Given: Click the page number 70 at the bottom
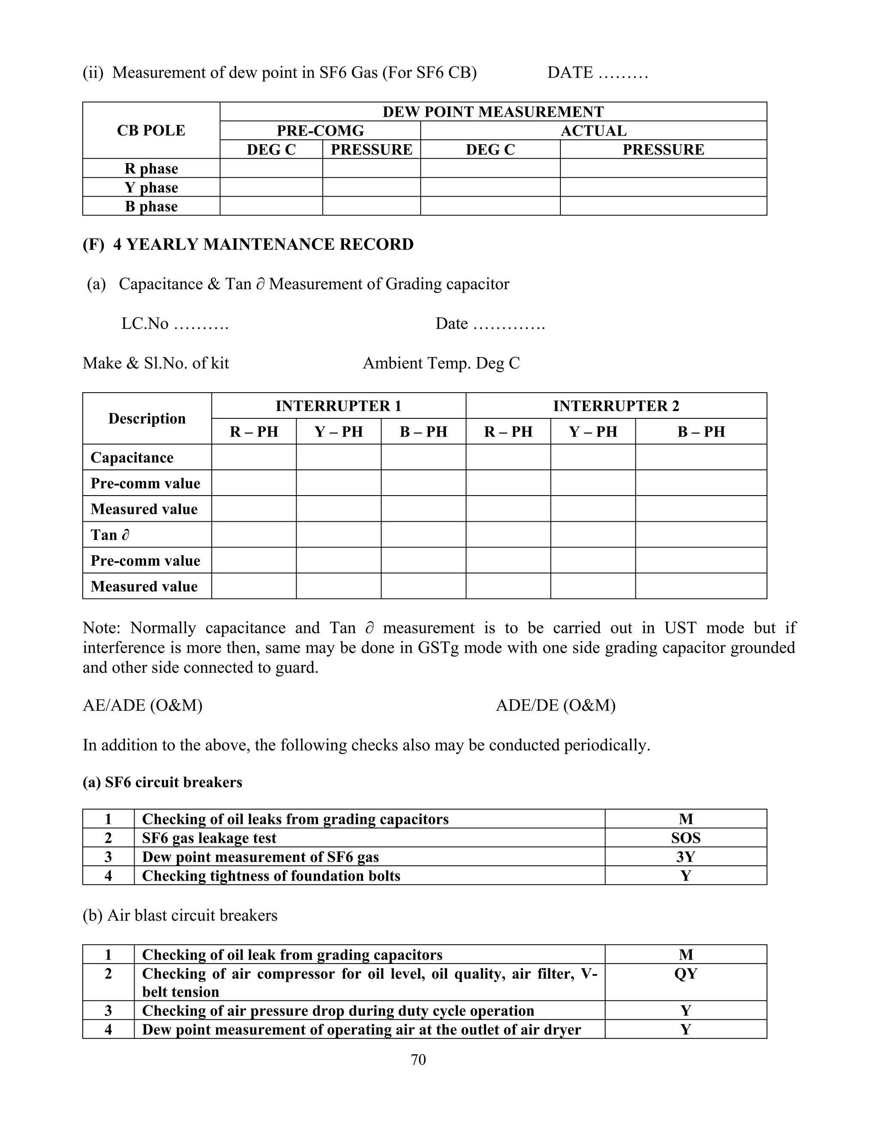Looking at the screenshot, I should click(x=418, y=1059).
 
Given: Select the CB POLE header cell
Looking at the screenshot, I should click(x=151, y=131).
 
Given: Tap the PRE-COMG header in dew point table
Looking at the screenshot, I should click(x=320, y=131).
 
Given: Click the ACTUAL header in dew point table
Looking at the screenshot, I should click(x=593, y=131).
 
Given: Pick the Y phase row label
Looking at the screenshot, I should click(x=151, y=187).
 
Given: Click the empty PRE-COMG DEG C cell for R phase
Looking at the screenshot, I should click(x=271, y=169).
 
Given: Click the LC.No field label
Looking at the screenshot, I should click(x=145, y=324).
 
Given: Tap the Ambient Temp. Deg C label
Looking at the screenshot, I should click(x=441, y=363).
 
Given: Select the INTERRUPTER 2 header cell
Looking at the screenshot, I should click(x=616, y=406).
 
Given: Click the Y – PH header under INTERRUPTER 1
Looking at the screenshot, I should click(x=339, y=432).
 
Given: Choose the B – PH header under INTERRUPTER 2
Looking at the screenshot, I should click(x=701, y=432).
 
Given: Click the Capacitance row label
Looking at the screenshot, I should click(x=132, y=458).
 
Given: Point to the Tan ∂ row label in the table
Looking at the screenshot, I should click(x=110, y=535).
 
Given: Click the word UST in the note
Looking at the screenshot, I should click(x=680, y=628).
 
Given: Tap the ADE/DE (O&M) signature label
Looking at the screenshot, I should click(x=556, y=705).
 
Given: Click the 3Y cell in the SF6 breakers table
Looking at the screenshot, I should click(x=686, y=857).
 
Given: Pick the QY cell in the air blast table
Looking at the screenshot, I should click(x=686, y=974).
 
